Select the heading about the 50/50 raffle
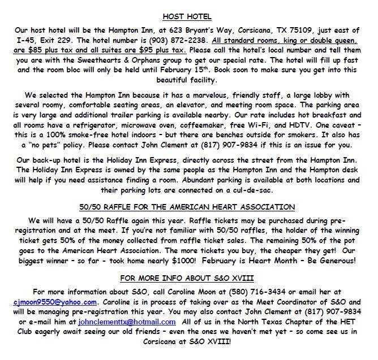(188, 206)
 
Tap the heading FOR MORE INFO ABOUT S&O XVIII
(188, 279)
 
